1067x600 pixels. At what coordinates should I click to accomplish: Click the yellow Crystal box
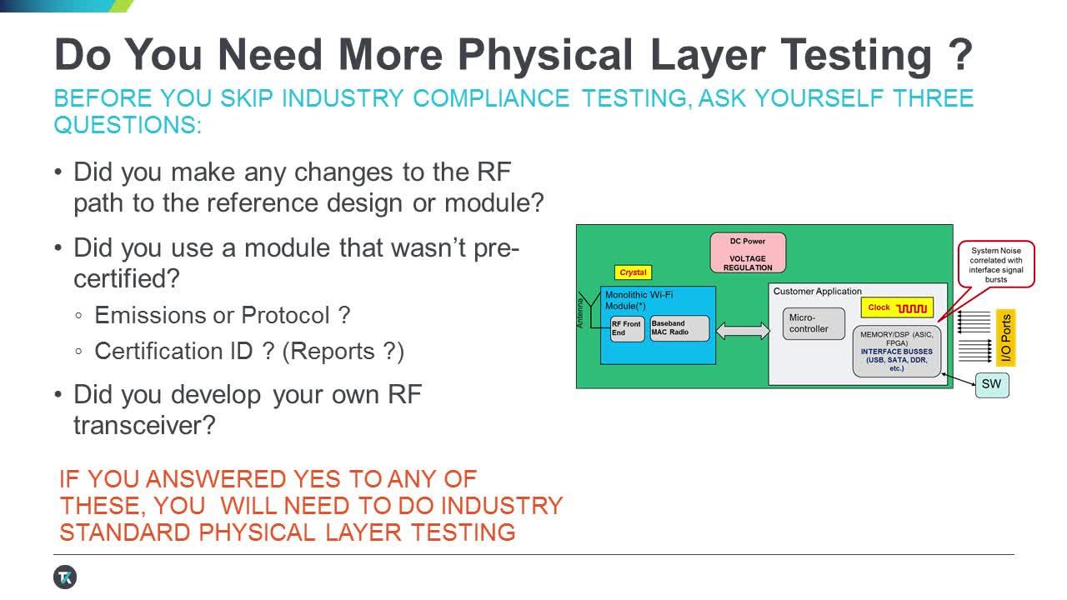pos(633,272)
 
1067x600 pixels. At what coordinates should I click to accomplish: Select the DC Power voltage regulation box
pos(747,253)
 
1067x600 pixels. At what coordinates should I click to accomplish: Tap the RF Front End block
pos(628,327)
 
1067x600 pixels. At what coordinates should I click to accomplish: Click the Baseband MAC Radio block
pos(679,327)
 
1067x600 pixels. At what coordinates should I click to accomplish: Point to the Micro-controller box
pos(813,323)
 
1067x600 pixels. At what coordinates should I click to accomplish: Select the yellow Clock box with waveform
pos(897,307)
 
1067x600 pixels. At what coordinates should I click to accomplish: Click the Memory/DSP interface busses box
pos(896,351)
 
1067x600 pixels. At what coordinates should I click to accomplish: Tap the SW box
pos(991,384)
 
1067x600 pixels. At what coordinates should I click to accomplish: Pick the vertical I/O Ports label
pos(1006,338)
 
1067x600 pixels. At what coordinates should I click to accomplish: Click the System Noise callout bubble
pos(995,264)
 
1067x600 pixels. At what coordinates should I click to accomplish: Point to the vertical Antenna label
pos(581,312)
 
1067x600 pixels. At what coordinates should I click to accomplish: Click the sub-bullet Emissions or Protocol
pos(222,316)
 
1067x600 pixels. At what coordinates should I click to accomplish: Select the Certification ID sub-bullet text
pos(249,351)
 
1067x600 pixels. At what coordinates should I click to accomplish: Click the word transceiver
pos(144,425)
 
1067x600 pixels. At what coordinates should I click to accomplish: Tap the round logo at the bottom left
pos(65,577)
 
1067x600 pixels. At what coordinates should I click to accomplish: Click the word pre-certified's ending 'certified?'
pos(130,278)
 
